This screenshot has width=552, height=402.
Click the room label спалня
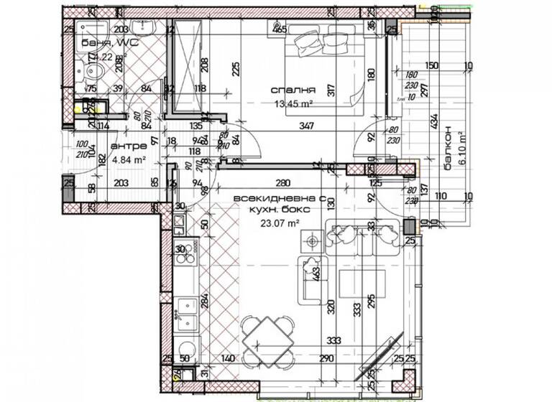(x=293, y=90)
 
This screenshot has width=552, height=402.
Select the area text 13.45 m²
(x=293, y=103)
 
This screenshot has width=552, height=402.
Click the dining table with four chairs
(x=267, y=336)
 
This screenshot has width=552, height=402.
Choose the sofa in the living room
(x=363, y=238)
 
